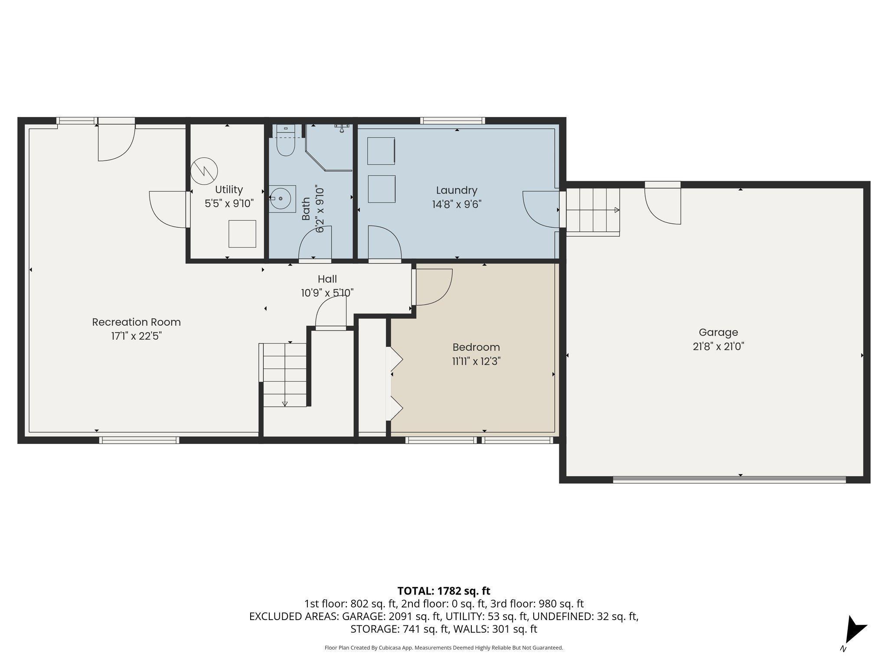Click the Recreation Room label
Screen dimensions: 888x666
click(136, 322)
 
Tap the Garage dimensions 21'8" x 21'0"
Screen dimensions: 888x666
click(718, 346)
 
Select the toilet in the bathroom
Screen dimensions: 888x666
click(286, 140)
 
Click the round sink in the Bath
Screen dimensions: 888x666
click(283, 198)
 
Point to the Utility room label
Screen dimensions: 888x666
click(229, 189)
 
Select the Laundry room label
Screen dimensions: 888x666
click(457, 190)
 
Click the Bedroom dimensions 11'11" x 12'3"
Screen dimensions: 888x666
click(476, 361)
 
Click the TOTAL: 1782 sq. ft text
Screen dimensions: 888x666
click(444, 591)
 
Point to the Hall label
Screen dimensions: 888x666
click(327, 279)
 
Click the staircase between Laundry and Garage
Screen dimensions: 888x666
click(593, 211)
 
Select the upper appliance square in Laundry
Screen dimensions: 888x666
click(381, 151)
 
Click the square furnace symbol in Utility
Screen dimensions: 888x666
click(242, 234)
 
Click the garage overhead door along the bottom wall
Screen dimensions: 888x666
click(729, 479)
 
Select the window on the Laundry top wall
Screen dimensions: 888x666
click(453, 121)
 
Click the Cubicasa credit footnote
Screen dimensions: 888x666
click(444, 648)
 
